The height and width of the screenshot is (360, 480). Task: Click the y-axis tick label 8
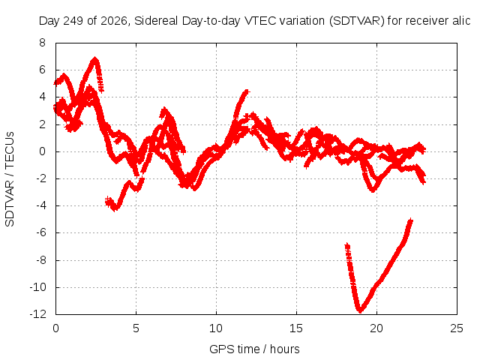42,43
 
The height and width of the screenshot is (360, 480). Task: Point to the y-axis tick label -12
38,314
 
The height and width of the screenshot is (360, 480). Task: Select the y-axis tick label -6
41,232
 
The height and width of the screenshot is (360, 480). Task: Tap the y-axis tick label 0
42,151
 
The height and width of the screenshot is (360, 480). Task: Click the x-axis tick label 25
457,328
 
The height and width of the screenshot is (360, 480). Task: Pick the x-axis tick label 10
216,328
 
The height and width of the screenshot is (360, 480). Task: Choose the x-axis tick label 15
296,328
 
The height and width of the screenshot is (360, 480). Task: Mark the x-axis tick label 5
136,328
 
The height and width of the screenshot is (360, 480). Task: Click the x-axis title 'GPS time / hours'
254,349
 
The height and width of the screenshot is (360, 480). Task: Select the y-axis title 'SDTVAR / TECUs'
10,179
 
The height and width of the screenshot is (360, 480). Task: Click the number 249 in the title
73,21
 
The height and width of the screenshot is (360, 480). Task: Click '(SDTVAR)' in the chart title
357,21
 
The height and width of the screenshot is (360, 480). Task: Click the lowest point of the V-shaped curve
360,311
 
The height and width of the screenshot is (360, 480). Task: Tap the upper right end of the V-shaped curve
411,220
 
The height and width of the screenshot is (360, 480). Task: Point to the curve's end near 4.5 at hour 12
247,91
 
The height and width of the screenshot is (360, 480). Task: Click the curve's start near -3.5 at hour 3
107,200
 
